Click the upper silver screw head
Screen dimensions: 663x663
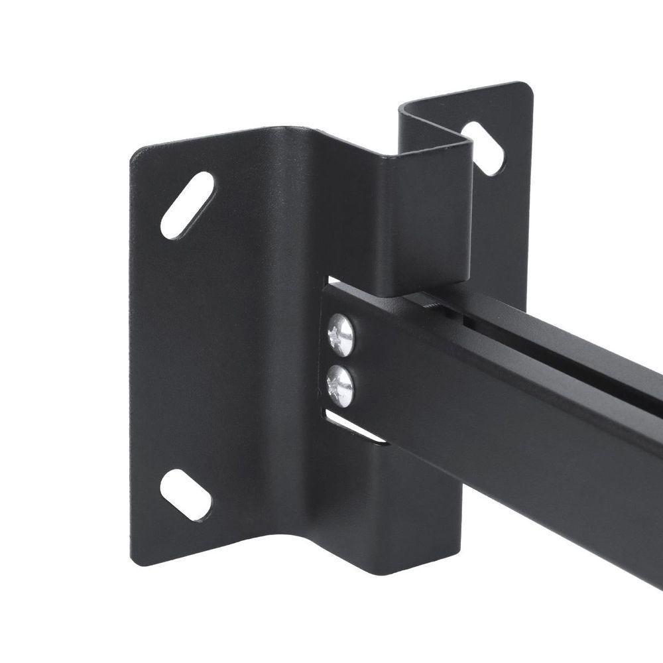pyautogui.click(x=341, y=336)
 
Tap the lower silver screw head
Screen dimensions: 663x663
pyautogui.click(x=340, y=385)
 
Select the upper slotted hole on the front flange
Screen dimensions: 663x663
pyautogui.click(x=187, y=205)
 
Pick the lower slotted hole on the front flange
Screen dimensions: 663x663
pyautogui.click(x=186, y=495)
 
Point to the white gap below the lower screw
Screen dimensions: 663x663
pyautogui.click(x=355, y=428)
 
